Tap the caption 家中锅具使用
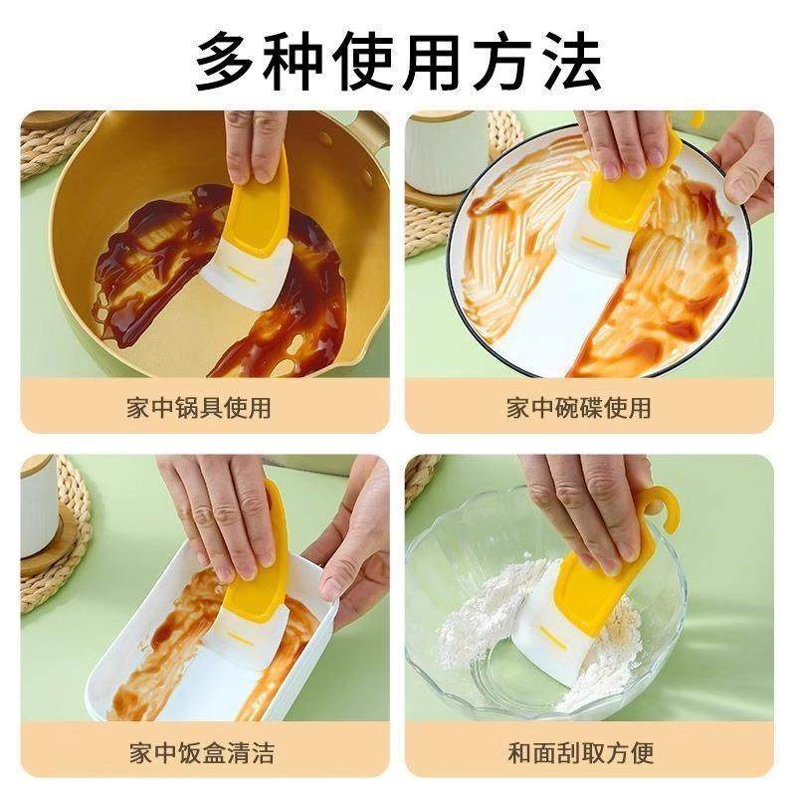(x=199, y=407)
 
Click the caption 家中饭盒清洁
(x=199, y=751)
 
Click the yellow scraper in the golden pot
(x=256, y=221)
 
